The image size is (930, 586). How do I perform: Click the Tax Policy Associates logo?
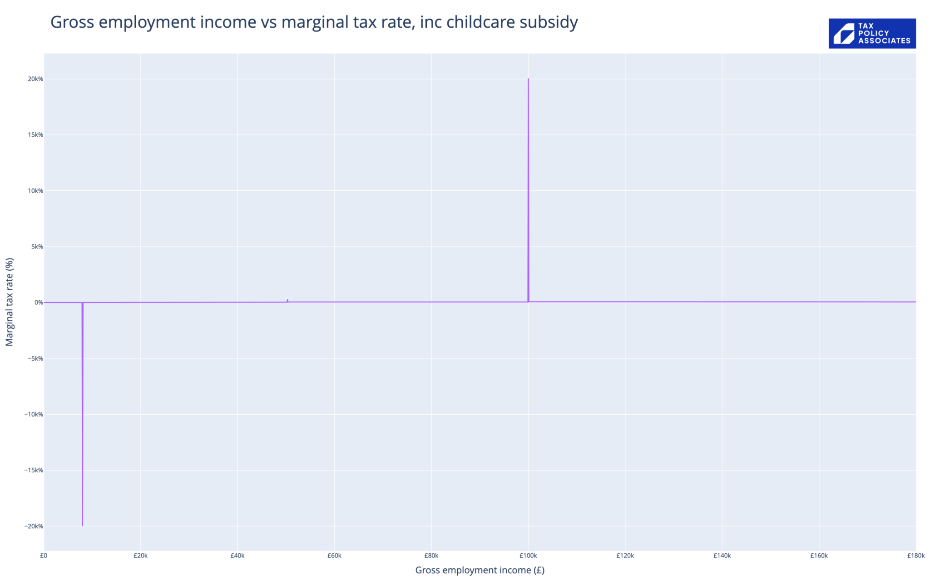click(872, 33)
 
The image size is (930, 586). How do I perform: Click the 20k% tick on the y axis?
click(35, 79)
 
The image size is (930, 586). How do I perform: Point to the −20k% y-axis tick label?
click(34, 526)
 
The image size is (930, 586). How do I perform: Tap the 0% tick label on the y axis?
click(39, 303)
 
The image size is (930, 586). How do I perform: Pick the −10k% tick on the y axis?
click(34, 414)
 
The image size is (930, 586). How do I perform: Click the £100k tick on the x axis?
click(528, 556)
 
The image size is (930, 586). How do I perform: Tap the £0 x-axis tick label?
click(44, 556)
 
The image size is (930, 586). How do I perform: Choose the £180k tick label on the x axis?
click(915, 556)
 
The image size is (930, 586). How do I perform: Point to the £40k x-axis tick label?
click(237, 556)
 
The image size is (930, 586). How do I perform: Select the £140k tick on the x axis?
click(722, 556)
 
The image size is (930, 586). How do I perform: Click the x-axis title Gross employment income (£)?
click(480, 570)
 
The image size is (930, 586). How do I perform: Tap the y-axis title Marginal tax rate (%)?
click(10, 302)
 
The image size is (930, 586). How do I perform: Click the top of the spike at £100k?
click(528, 79)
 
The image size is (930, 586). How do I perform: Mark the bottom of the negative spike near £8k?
click(82, 526)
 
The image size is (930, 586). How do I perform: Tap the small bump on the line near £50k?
click(287, 300)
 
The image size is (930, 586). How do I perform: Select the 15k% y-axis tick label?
click(35, 135)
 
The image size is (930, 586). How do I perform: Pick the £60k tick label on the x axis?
click(334, 556)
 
